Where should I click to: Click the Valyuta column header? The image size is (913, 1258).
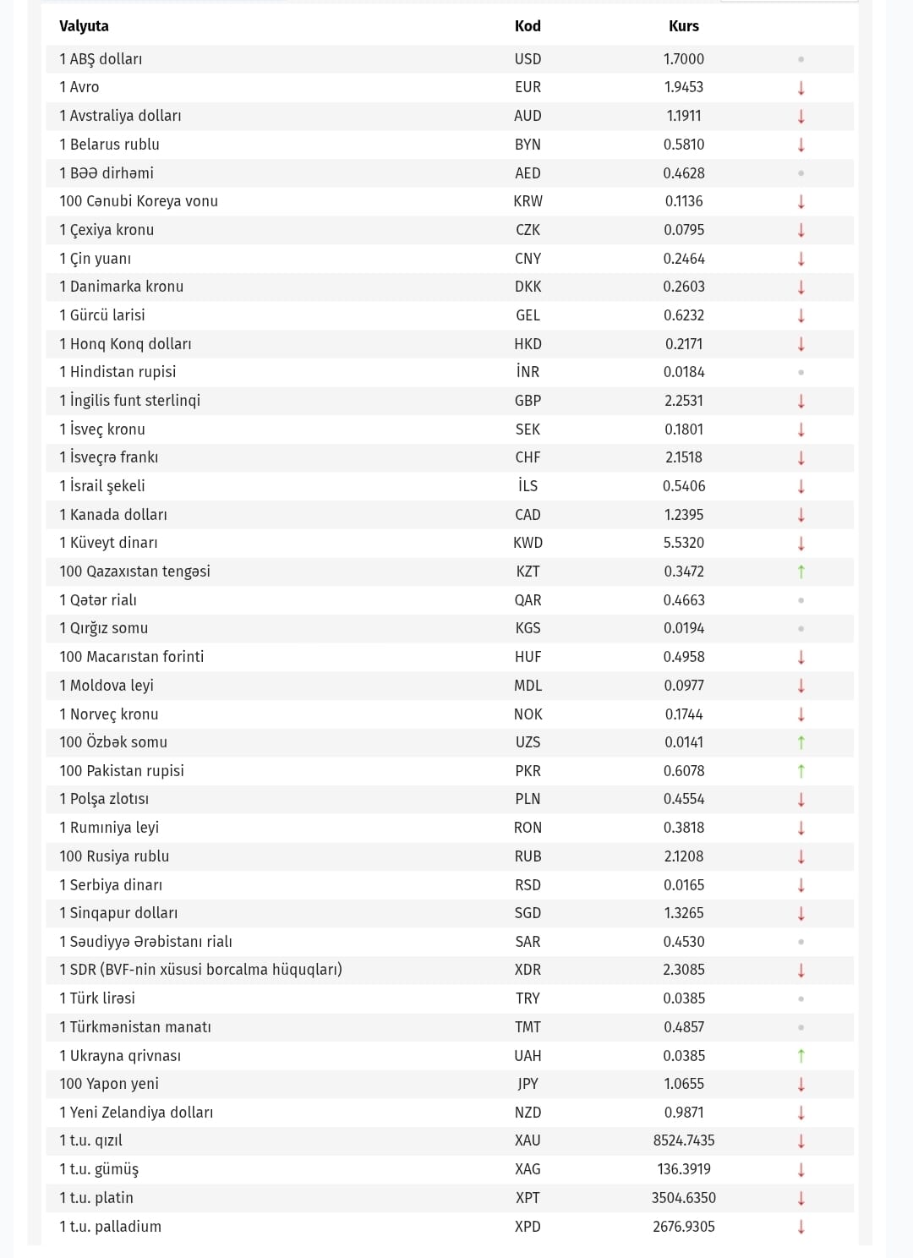[84, 26]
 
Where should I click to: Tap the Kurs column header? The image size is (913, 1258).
[683, 26]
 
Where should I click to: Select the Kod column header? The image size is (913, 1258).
[528, 26]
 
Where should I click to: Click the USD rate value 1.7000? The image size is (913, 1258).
[683, 59]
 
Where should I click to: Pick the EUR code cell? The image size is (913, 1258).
[528, 87]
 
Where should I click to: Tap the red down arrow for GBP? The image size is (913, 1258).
[801, 401]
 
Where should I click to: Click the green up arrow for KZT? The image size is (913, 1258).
[801, 572]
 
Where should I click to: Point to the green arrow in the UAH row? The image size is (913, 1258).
[801, 1056]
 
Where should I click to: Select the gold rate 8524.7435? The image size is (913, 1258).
[683, 1140]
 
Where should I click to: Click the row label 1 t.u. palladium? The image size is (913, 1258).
[110, 1227]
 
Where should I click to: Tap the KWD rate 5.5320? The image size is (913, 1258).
[683, 543]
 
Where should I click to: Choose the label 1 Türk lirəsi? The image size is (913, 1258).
[97, 998]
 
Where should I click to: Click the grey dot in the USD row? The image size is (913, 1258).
[801, 59]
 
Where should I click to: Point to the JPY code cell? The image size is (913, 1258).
[528, 1084]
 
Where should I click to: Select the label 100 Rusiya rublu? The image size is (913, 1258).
[114, 856]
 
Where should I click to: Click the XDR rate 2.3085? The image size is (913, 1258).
[683, 970]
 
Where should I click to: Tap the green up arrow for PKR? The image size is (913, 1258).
[801, 771]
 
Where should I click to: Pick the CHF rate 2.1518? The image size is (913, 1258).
[683, 457]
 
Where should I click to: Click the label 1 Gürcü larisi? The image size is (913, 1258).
[102, 315]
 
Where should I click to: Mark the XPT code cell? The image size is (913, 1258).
[528, 1198]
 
